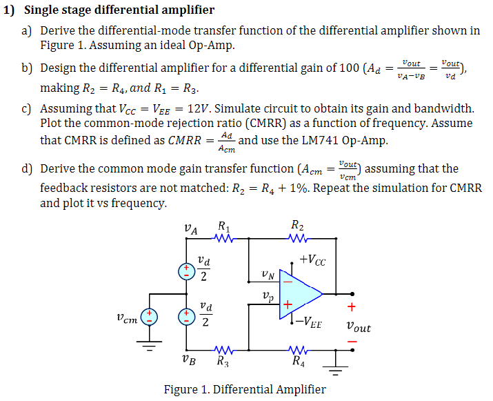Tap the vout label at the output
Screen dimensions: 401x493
pos(358,327)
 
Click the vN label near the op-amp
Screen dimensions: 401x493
pos(268,275)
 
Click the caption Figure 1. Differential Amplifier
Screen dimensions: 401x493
pos(245,389)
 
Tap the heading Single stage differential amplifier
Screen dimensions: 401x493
pos(119,10)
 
